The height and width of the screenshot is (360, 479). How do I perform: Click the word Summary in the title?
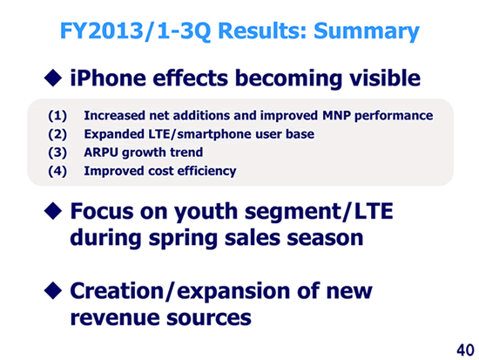coord(367,31)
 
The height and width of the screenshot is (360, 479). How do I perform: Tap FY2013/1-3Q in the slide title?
coord(135,31)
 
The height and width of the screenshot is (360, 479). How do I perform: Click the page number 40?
coord(466,350)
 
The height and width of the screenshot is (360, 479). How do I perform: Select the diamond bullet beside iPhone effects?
coord(53,78)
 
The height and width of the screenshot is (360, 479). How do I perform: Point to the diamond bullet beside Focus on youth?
coord(53,211)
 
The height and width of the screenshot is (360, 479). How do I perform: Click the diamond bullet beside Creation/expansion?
coord(53,290)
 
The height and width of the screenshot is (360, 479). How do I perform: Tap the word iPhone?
coord(108,78)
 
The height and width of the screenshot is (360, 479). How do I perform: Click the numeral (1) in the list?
coord(57,116)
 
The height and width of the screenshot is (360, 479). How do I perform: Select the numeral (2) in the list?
coord(57,134)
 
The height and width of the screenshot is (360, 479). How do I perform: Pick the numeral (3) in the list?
coord(57,153)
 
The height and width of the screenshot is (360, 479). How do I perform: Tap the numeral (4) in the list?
coord(57,171)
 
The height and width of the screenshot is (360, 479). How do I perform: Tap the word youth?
coord(206,213)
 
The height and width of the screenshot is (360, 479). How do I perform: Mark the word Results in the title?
coord(262,31)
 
